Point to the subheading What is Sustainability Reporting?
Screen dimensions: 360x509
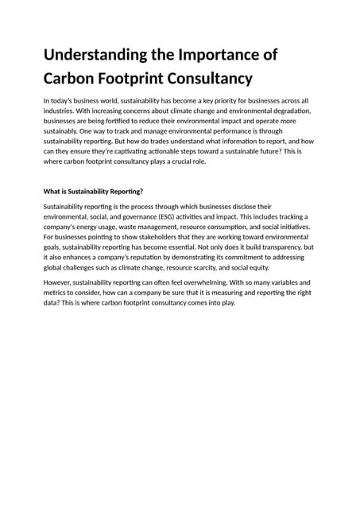click(92, 191)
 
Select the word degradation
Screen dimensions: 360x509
click(285, 111)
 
